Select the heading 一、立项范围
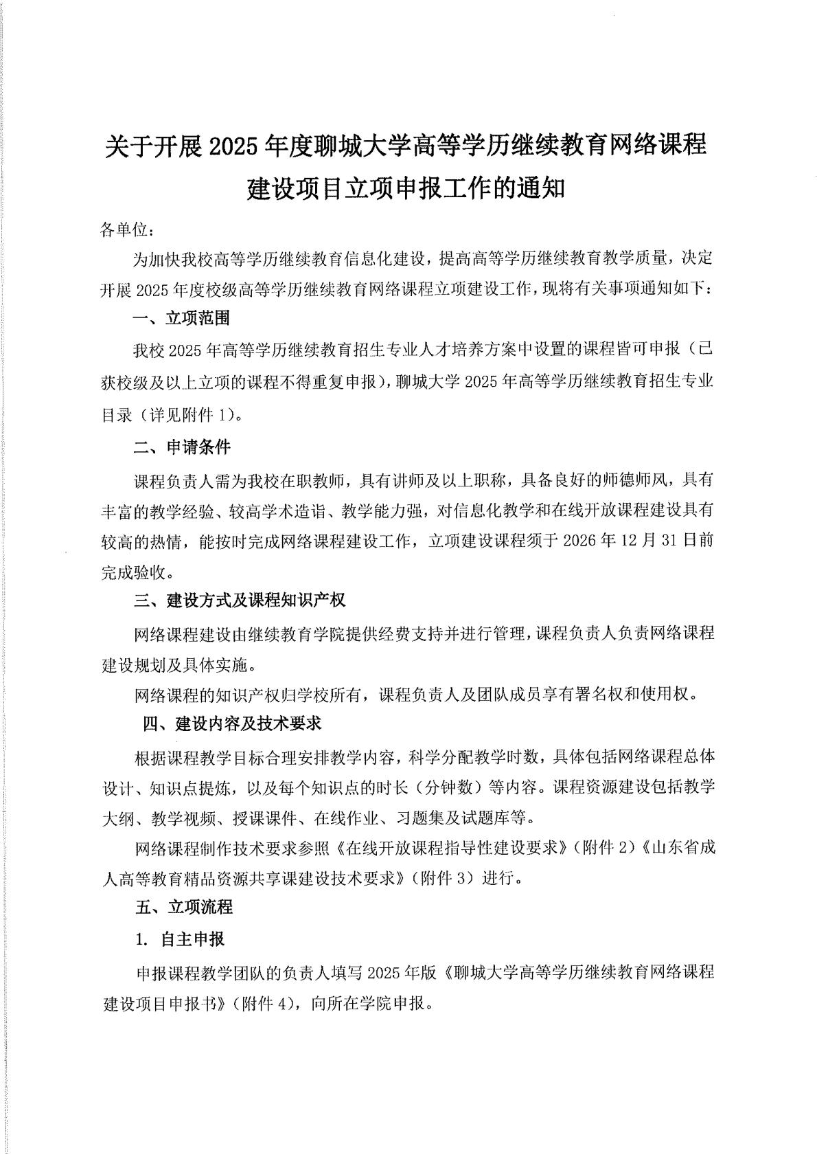point(181,318)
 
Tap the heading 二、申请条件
point(182,447)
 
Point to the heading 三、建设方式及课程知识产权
point(240,600)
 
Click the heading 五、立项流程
point(184,907)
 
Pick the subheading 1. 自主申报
point(180,939)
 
